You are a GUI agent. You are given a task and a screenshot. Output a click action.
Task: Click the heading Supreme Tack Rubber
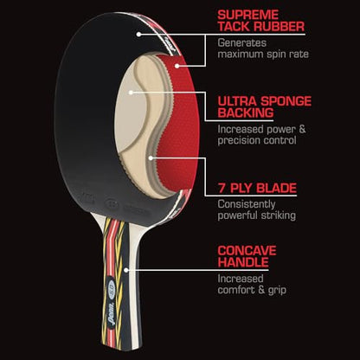(261, 21)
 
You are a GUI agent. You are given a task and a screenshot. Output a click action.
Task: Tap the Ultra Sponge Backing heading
(265, 106)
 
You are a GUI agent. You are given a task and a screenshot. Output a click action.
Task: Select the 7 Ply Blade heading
(257, 188)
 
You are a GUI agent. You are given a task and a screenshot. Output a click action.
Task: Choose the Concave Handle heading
(247, 256)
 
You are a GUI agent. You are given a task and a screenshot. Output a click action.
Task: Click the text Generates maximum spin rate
(263, 48)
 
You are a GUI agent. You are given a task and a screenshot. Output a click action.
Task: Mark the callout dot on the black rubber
(138, 35)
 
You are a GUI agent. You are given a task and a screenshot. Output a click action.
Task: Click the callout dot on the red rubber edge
(177, 66)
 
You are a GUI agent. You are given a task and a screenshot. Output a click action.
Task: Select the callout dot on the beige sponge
(131, 93)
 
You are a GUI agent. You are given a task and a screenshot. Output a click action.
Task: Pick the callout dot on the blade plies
(151, 157)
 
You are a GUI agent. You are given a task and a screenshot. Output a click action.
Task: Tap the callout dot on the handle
(126, 270)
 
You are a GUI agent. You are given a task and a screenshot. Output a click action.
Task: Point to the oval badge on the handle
(112, 287)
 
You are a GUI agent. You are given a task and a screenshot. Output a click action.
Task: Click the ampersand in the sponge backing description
(302, 129)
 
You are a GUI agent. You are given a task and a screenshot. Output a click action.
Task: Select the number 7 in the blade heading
(222, 188)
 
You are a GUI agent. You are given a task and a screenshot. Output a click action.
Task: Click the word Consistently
(247, 204)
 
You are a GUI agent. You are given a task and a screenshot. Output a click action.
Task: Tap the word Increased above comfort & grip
(241, 279)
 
